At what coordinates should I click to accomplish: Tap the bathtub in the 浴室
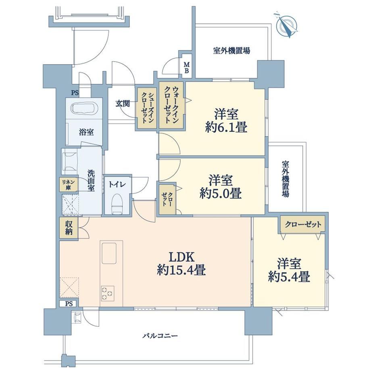84,109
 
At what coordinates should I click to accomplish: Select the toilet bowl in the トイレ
117,204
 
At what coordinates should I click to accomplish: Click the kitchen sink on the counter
109,253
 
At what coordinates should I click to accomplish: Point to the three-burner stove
108,293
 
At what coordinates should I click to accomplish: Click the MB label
187,67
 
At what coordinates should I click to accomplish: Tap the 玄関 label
123,103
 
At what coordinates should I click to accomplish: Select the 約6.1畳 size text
227,128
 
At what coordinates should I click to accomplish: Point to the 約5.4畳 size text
289,277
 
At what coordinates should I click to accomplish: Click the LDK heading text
181,257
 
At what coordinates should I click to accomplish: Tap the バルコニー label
160,336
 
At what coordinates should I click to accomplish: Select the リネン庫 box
69,185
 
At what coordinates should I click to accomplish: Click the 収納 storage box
69,227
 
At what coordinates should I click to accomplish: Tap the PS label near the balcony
69,304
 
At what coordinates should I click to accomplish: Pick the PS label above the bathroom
75,93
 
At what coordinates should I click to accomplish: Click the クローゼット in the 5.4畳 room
303,224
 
